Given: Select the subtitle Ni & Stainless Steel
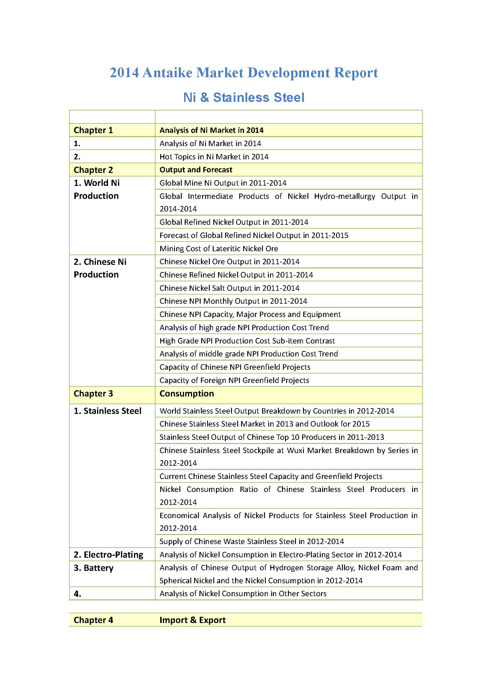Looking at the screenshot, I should point(244,98).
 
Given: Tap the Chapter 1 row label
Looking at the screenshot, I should point(93,130).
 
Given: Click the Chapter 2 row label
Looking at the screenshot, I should point(93,170).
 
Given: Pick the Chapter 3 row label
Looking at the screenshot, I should point(93,394).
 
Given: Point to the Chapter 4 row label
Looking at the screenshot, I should point(93,620).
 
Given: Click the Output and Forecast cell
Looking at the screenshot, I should point(196,170).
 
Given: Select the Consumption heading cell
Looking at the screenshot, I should point(186,394).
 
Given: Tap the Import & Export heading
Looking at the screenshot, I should point(192,620).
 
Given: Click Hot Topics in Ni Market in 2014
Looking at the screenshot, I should point(214,157).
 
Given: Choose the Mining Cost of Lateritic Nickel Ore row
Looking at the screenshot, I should point(219,249).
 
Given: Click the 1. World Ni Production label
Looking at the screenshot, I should point(96,189).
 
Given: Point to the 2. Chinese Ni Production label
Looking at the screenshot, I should point(100,268).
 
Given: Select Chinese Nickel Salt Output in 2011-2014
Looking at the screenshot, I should point(229,288).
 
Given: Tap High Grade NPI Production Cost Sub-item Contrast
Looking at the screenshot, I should point(247,341).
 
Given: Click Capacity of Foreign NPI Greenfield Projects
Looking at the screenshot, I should point(234,380).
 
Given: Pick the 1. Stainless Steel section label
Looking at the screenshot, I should point(107,411).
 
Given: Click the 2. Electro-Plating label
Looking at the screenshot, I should point(108,555).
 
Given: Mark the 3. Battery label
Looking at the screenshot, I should point(94,568).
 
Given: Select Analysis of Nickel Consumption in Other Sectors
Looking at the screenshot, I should point(243,594).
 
